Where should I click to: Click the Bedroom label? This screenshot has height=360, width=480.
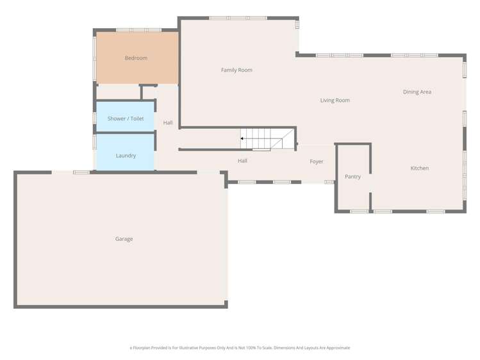[136, 58]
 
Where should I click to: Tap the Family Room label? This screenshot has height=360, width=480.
[236, 70]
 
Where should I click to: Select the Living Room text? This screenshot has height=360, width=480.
[335, 101]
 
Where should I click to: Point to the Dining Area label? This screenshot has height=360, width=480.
[417, 92]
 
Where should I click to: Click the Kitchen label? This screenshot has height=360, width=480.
[419, 168]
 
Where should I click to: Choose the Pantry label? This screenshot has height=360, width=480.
[352, 177]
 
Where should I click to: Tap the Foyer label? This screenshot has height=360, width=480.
[317, 162]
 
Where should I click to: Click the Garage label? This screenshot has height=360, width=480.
[124, 239]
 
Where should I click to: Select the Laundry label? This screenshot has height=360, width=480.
[126, 156]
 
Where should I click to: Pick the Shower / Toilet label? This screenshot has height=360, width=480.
[126, 119]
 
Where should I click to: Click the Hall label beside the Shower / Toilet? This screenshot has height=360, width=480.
[168, 123]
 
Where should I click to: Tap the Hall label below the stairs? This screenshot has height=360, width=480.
[242, 161]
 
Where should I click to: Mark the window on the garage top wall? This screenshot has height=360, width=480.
[81, 172]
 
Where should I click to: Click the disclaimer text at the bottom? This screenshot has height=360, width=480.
[240, 348]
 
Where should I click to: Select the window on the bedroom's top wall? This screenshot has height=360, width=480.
[138, 29]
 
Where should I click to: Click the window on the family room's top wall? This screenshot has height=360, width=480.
[238, 18]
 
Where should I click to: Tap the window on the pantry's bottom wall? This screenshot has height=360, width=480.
[359, 211]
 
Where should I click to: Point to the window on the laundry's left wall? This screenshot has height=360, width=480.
[95, 142]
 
